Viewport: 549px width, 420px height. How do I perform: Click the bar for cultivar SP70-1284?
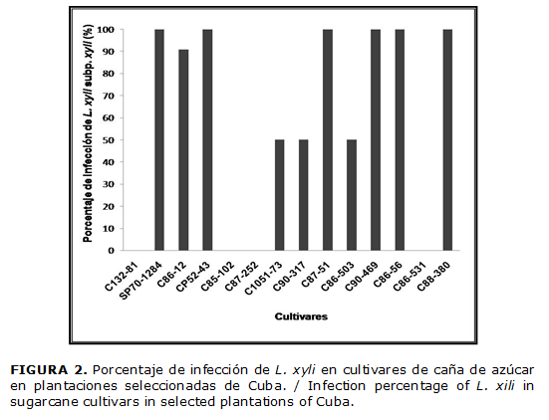(159, 139)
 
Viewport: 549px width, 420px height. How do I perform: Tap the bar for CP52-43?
(207, 139)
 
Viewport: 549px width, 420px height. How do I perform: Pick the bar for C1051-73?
(279, 195)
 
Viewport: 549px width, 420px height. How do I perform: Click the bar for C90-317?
(303, 195)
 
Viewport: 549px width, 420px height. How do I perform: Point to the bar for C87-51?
(327, 139)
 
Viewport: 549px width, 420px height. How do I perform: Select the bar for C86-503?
(351, 195)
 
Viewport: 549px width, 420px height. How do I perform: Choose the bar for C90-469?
(375, 139)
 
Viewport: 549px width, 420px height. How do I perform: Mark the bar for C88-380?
(446, 139)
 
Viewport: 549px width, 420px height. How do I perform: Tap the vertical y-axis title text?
(90, 139)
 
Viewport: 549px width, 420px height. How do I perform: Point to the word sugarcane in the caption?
(46, 402)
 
